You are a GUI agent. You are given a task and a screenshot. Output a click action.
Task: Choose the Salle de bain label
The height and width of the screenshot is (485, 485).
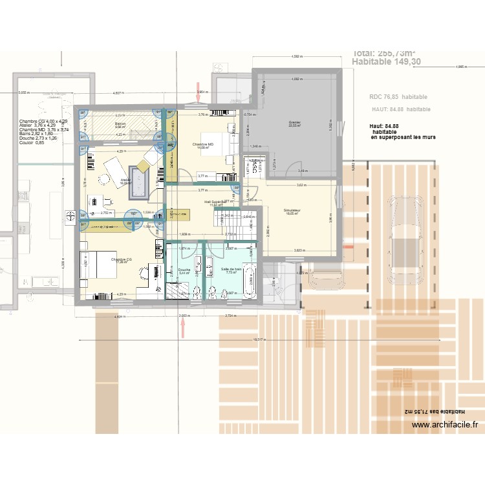(231, 268)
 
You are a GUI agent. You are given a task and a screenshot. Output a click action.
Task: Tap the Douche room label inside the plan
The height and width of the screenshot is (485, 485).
(184, 270)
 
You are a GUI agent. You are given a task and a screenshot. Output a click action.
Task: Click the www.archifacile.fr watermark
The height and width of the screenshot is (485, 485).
(446, 425)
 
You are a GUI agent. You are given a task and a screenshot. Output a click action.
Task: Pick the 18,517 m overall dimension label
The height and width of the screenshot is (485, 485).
(259, 338)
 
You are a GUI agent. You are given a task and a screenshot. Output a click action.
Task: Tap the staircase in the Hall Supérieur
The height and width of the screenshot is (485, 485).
(244, 223)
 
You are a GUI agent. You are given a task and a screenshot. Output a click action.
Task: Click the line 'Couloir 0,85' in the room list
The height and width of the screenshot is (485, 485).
(36, 143)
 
